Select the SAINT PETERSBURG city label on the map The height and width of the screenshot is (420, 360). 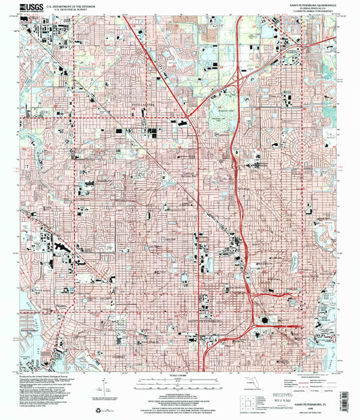203,321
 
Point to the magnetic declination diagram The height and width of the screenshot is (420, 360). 101,390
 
